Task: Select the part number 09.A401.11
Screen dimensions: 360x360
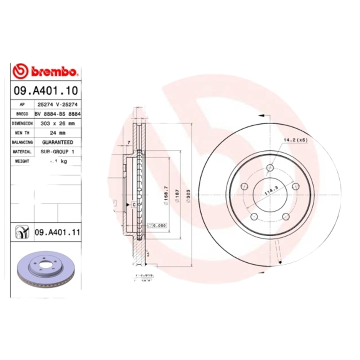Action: pos(57,233)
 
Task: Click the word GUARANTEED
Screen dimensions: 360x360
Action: pos(57,142)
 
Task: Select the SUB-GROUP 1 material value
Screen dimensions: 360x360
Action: pos(58,152)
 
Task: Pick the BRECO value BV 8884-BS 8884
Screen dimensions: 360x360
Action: pos(58,113)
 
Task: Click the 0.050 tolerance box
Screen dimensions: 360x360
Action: pos(158,225)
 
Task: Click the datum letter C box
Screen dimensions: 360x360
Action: pos(134,205)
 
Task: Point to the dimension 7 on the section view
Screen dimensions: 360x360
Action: pos(129,143)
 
